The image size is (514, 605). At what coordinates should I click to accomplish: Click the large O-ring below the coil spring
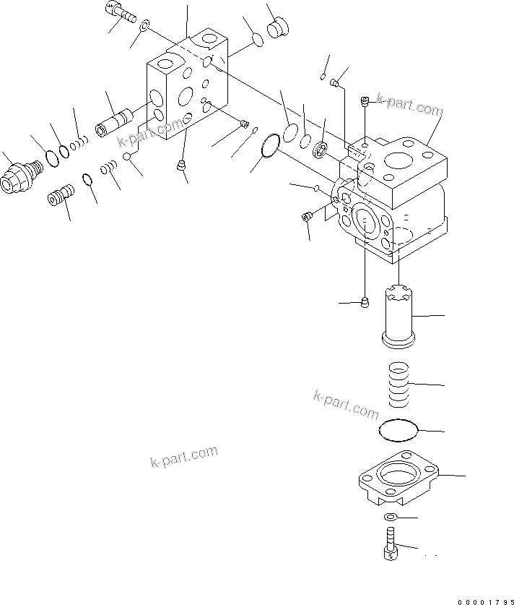tap(398, 430)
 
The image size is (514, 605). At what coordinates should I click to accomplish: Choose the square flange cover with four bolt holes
tap(398, 481)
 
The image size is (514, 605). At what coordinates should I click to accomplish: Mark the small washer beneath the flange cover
tap(390, 517)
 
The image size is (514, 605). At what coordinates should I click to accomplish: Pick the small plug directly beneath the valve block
tap(180, 166)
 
